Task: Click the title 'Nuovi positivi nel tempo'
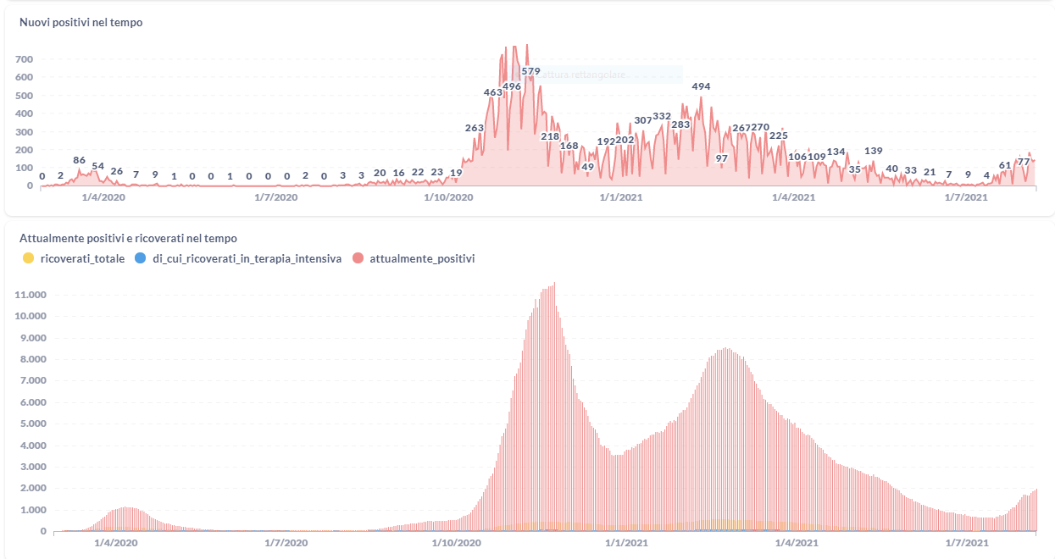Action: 81,23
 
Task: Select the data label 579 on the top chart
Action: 531,71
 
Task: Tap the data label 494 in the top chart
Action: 701,86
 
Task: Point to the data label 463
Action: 493,92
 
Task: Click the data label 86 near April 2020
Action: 80,160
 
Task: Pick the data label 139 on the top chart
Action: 874,151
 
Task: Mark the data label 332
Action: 662,116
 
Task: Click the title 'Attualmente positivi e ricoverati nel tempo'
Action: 128,239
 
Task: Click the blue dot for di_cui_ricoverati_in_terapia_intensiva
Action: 141,258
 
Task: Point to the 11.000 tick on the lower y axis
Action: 30,295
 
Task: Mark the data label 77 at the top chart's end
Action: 1024,162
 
